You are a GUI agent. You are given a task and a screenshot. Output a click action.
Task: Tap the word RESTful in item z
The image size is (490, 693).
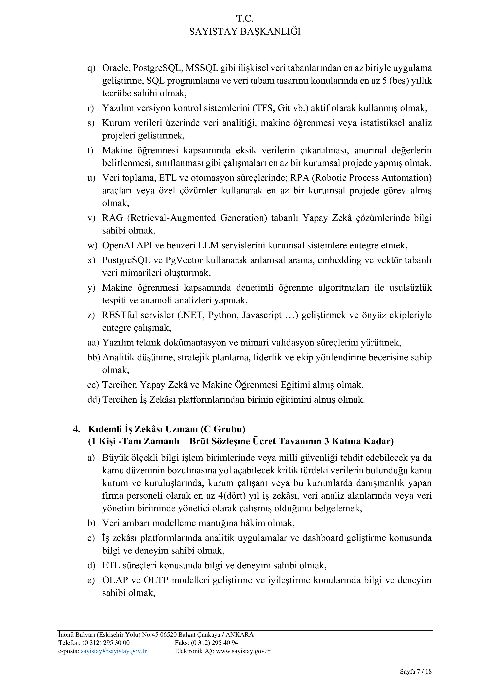(120, 315)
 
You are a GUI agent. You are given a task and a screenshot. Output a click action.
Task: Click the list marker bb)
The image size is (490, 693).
(93, 357)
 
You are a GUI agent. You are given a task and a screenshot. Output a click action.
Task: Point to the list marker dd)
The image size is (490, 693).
(93, 400)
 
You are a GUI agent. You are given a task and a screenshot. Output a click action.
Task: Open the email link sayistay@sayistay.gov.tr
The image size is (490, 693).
(114, 651)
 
